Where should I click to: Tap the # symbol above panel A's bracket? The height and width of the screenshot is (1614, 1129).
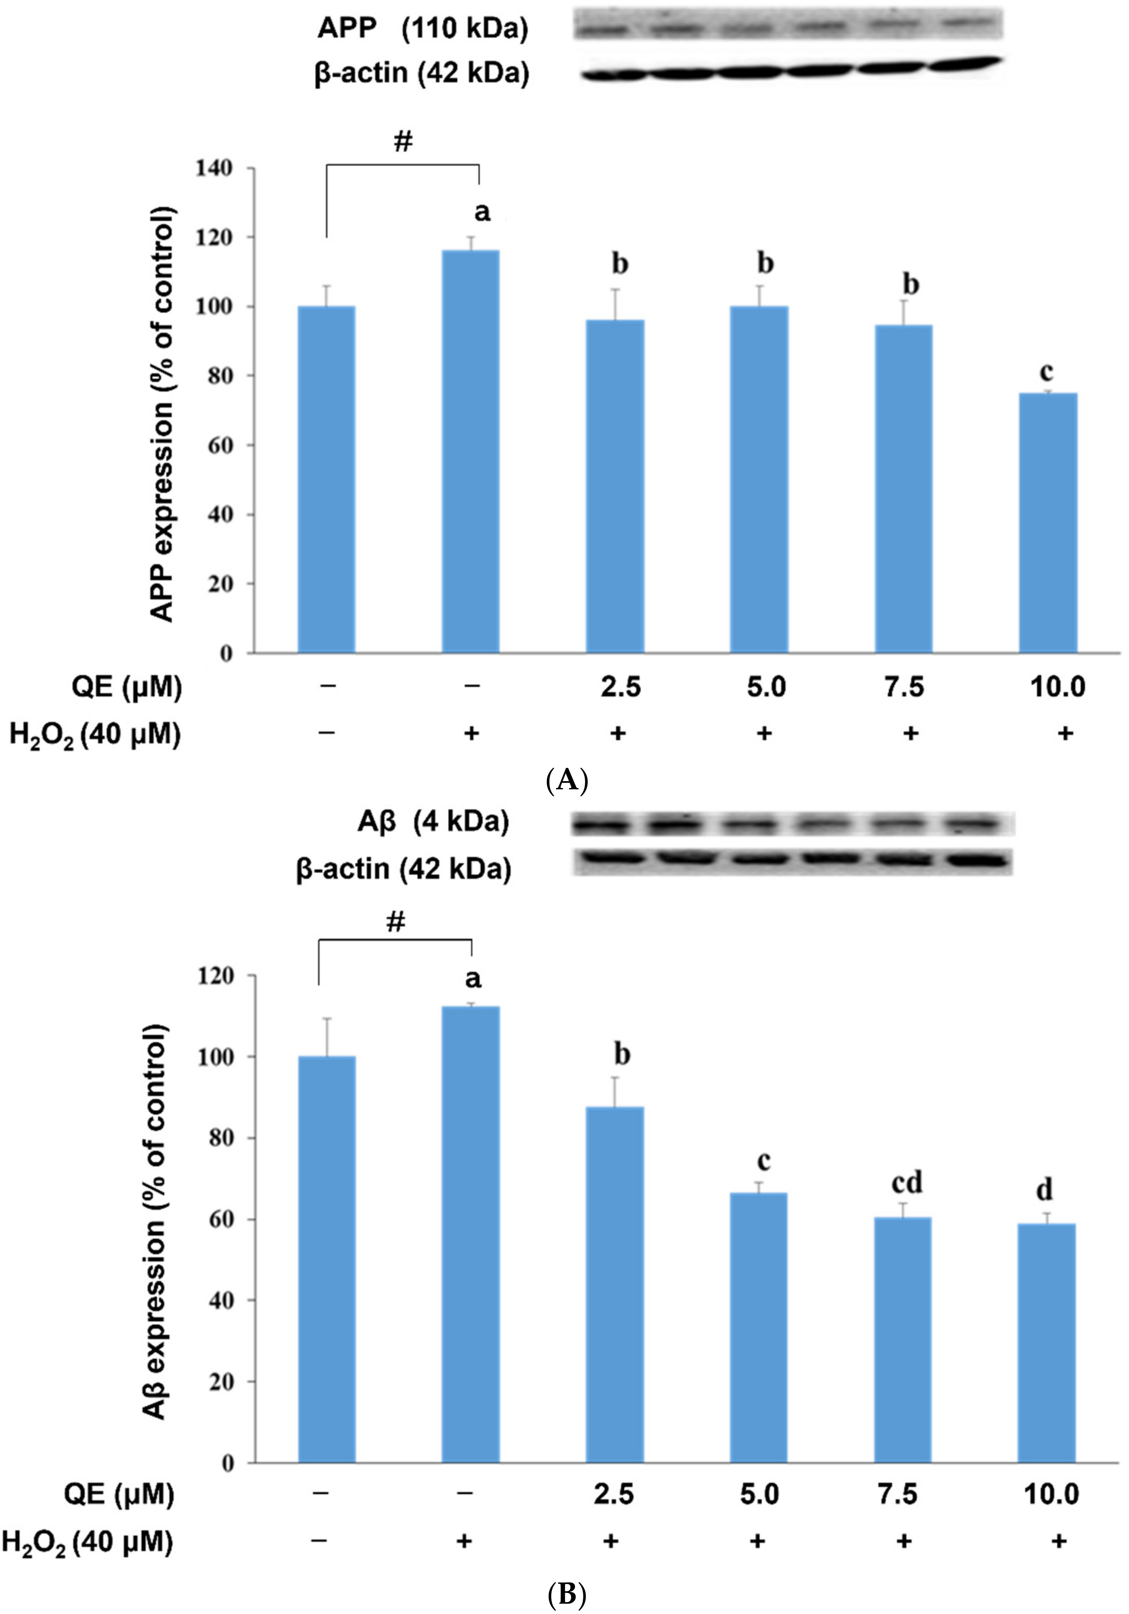click(402, 141)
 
